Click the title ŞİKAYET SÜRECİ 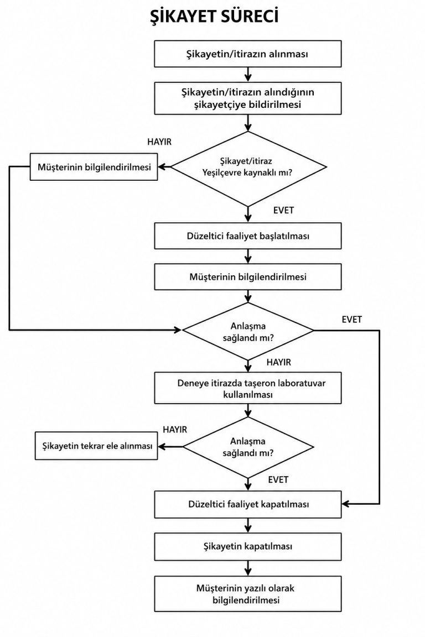point(214,17)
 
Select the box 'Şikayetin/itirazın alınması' point(248,54)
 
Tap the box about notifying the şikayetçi point(248,98)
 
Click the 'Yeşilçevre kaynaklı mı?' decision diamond point(248,167)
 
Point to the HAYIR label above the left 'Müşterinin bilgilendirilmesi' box point(159,142)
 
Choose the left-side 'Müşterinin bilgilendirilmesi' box point(94,167)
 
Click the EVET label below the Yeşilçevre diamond point(283,211)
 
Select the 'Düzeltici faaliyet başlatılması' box point(248,236)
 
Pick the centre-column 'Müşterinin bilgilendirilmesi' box point(248,276)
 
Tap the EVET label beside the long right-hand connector point(352,320)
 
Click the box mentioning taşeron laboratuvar point(248,388)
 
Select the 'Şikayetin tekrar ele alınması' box point(96,446)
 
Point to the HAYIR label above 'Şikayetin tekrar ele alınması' point(175,430)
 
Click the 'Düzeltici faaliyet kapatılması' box point(248,504)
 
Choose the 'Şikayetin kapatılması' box point(248,546)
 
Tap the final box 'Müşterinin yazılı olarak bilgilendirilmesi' point(248,594)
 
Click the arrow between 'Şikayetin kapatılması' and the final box point(248,568)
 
